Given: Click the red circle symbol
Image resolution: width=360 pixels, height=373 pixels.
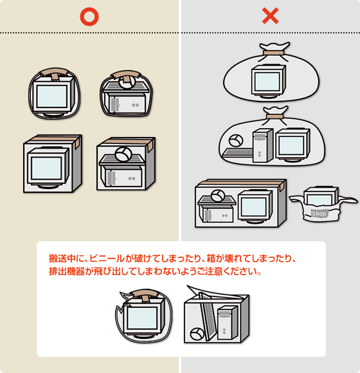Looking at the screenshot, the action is [x=89, y=17].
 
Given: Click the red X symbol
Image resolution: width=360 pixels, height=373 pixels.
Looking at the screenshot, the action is [x=271, y=15].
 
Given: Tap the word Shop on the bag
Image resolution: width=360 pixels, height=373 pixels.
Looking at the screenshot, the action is [x=319, y=214].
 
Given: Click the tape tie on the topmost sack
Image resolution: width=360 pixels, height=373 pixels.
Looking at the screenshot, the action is [x=273, y=53].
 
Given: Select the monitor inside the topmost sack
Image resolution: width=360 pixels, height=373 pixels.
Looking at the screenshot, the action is [x=269, y=80].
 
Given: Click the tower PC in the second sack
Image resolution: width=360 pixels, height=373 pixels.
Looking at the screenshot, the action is [x=263, y=145].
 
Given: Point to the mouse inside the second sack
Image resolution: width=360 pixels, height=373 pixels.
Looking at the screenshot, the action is [x=236, y=140].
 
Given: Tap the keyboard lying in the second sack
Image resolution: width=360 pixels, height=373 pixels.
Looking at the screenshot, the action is [x=238, y=152].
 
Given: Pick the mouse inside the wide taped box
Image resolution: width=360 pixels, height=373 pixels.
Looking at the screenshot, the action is [x=218, y=196].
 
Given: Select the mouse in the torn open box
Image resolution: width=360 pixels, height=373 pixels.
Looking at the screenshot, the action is [x=197, y=334].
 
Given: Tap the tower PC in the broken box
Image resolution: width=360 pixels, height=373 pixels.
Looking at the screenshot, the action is [x=228, y=323].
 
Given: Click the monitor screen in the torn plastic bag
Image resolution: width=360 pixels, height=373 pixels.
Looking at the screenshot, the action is [x=142, y=318].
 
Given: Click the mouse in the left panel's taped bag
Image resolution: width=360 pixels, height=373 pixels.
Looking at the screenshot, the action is [x=127, y=82].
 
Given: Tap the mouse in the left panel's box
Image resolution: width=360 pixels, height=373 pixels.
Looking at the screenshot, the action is [x=123, y=154].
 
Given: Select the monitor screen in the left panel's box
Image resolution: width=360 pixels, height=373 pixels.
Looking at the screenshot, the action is [x=46, y=168].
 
